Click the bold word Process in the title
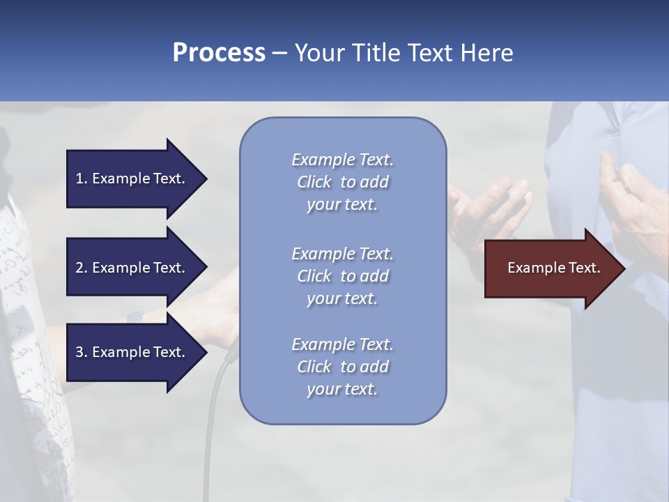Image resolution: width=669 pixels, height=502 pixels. point(219,53)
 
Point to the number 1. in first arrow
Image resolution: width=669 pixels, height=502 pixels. point(82,178)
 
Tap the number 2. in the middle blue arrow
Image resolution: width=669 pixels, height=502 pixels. point(82,268)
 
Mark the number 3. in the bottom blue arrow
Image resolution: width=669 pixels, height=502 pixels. point(82,352)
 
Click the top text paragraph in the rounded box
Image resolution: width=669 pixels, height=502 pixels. point(342,182)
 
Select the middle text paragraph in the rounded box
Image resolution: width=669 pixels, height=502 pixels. point(342,275)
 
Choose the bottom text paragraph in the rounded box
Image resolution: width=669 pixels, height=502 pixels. point(342,367)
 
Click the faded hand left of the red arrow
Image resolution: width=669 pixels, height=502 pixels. point(488,206)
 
